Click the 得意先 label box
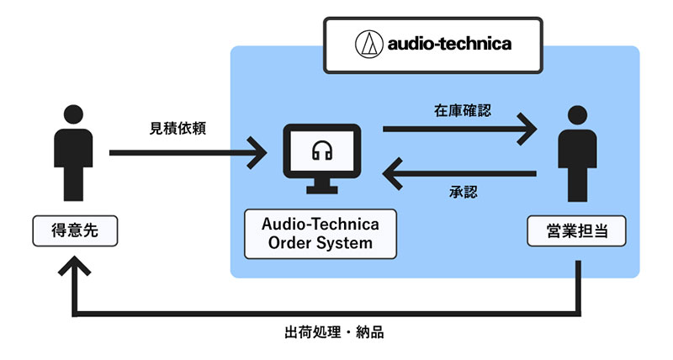(75, 230)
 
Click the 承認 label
(464, 193)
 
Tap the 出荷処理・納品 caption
(334, 331)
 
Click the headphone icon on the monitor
(321, 151)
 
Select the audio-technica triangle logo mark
(368, 43)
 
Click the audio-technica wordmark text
(448, 44)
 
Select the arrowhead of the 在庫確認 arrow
(528, 130)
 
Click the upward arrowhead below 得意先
(75, 266)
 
